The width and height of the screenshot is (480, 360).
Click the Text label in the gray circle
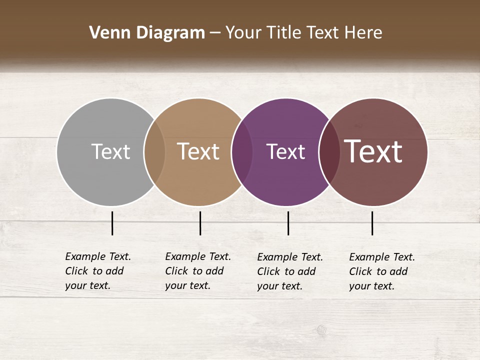(x=110, y=151)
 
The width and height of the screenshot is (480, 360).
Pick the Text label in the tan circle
(x=198, y=151)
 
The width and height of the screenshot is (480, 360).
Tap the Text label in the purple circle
(x=285, y=151)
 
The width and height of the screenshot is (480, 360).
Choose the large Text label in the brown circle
(x=373, y=151)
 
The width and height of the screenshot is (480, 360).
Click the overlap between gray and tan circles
(x=154, y=151)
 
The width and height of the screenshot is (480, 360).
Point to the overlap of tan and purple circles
(x=242, y=151)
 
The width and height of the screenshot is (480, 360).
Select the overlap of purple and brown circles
(x=329, y=151)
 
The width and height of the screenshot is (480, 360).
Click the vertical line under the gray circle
(x=112, y=223)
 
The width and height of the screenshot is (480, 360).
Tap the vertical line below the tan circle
(x=200, y=223)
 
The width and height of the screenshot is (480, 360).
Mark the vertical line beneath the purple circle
(x=288, y=223)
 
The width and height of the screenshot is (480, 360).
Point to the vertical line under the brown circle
(x=372, y=223)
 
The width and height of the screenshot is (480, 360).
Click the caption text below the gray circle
(x=98, y=271)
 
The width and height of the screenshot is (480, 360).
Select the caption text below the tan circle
(x=198, y=271)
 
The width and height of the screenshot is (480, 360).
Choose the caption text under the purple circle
(x=290, y=271)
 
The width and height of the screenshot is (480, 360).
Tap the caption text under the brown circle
(x=382, y=271)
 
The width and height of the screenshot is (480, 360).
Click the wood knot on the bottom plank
(x=321, y=330)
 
